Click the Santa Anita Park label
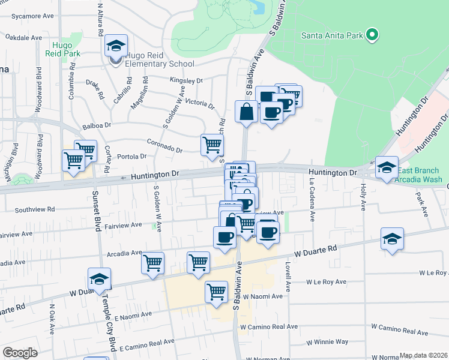tap(332, 35)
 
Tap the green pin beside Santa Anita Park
tap(372, 35)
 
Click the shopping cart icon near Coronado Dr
tap(212, 145)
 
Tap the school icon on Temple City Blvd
tap(99, 278)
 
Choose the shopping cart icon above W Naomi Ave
tap(216, 292)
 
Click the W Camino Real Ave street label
tap(268, 327)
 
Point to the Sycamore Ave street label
tap(25, 17)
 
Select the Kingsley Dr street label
tap(187, 80)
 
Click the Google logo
tap(20, 352)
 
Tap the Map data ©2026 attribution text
tap(423, 355)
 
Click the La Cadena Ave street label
tap(312, 193)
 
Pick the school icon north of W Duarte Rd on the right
tap(392, 238)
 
